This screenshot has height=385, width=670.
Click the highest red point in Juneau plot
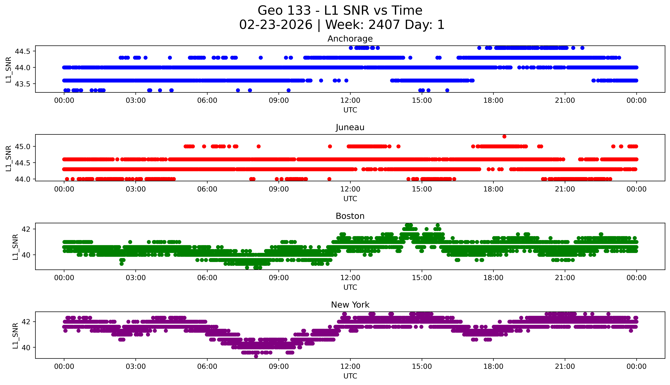coord(504,136)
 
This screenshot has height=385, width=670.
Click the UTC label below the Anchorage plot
coord(350,110)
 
